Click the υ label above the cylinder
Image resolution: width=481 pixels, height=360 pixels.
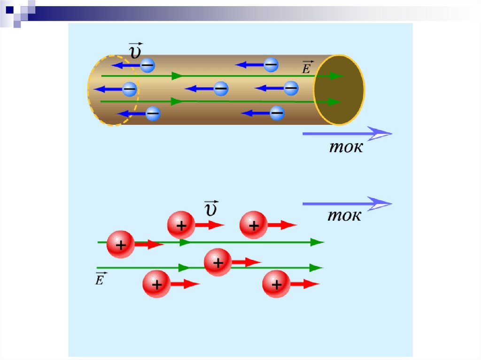135,51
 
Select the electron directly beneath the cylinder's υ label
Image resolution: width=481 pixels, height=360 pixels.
147,65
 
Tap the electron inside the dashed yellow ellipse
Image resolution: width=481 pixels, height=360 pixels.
130,88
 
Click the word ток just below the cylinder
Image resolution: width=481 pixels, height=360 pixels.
345,147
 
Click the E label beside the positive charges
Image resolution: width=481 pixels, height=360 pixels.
101,279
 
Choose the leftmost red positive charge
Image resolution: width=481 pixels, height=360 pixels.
121,245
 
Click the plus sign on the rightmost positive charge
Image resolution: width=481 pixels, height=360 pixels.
277,284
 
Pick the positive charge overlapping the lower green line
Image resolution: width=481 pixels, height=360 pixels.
218,262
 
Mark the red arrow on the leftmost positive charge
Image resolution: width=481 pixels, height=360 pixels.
149,245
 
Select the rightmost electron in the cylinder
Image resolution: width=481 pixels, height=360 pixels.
291,88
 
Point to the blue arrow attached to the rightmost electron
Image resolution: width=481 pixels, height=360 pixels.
269,88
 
